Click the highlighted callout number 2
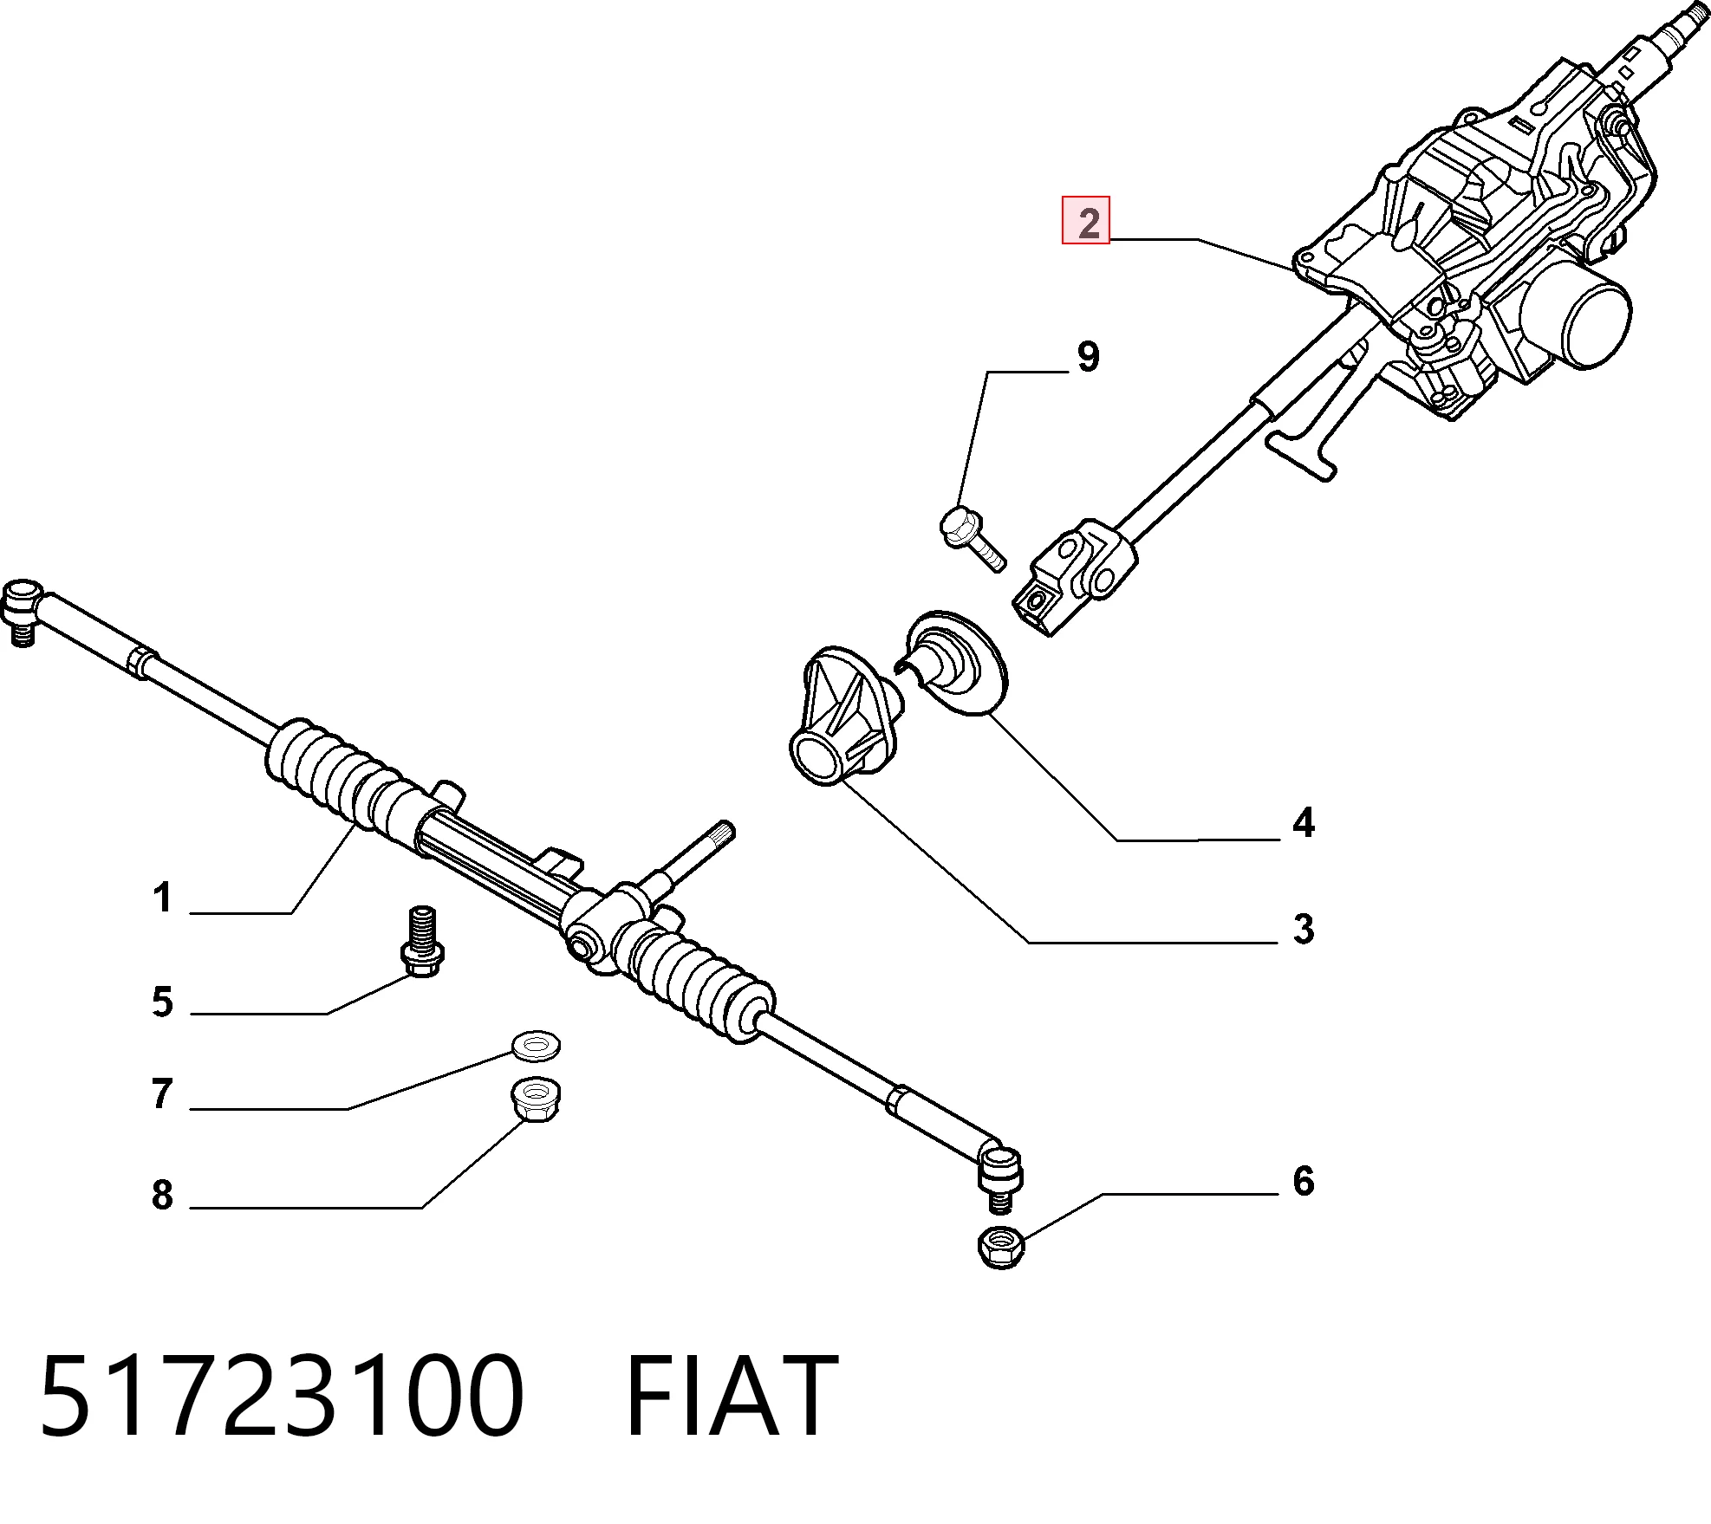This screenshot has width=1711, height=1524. pos(1086,222)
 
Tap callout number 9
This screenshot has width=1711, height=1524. pos(1088,357)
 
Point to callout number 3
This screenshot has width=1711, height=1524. pos(1304,930)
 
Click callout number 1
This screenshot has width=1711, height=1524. pos(163,898)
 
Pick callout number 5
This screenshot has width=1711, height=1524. pos(162,1002)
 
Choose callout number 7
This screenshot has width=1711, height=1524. pos(162,1093)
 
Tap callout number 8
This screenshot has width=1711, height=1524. pos(162,1195)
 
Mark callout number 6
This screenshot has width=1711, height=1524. pos(1304,1181)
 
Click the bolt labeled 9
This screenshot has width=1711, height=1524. pos(971,538)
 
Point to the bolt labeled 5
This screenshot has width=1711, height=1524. pos(422,940)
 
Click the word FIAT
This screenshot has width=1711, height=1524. pos(731,1396)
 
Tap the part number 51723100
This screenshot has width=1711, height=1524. pos(283,1396)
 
